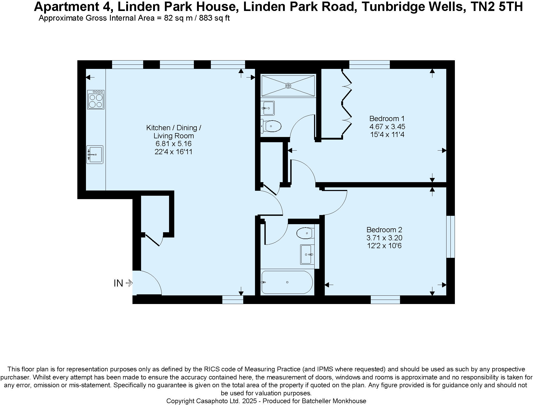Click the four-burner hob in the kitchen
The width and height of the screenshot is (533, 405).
click(x=96, y=100)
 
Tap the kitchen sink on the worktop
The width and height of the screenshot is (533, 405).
click(x=95, y=154)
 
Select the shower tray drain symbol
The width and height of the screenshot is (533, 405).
click(x=288, y=86)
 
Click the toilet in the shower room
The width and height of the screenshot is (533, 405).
click(x=272, y=126)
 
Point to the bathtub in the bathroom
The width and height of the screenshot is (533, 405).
click(x=287, y=282)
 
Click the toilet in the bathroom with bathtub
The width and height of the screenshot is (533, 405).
click(x=305, y=233)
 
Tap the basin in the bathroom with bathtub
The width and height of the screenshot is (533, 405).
click(x=307, y=254)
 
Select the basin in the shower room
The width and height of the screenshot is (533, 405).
click(x=268, y=108)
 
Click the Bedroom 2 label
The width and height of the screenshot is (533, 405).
click(x=384, y=230)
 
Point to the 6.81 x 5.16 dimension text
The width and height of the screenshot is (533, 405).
click(x=173, y=144)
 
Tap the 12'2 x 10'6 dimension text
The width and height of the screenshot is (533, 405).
click(x=384, y=246)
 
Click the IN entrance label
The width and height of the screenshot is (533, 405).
click(x=118, y=283)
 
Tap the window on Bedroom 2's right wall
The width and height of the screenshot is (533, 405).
click(x=450, y=237)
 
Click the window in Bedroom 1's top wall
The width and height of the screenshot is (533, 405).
click(x=369, y=64)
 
